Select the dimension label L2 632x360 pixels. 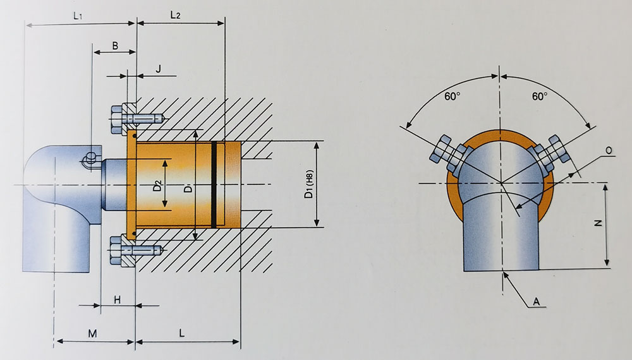[176, 15]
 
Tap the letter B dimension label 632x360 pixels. [114, 45]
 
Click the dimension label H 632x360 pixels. [117, 299]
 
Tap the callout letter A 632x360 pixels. [536, 303]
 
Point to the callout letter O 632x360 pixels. [608, 150]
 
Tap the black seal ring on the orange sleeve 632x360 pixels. [214, 184]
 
